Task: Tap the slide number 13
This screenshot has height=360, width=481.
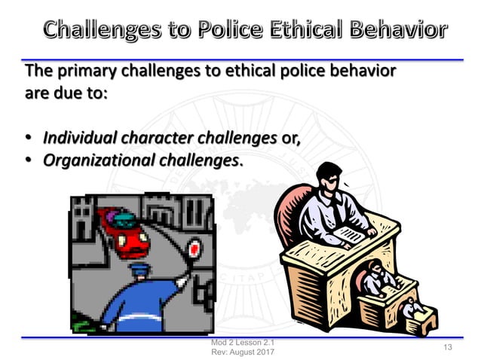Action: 448,347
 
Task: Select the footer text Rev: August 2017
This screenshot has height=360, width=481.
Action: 231,352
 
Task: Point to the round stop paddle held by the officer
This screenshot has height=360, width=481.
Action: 195,247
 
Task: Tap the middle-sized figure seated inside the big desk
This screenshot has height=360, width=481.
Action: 374,277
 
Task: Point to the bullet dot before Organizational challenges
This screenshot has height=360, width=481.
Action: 29,161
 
